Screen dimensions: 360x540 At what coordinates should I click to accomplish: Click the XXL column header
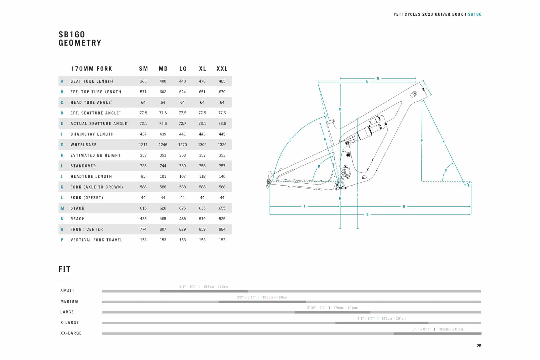click(x=222, y=69)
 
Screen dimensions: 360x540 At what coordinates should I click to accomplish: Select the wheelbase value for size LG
click(x=183, y=145)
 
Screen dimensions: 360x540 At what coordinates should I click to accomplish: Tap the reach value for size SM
click(x=143, y=219)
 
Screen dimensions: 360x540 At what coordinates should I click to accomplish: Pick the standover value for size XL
click(x=202, y=166)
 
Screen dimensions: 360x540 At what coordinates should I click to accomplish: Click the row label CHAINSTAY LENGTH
click(x=92, y=134)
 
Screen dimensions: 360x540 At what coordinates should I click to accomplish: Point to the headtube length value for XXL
click(x=222, y=176)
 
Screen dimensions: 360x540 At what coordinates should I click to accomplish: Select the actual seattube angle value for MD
click(x=163, y=123)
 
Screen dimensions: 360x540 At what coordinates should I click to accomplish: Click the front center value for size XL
click(x=202, y=229)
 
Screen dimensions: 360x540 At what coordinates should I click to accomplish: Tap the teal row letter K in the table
click(x=62, y=187)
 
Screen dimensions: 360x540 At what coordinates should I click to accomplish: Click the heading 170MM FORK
click(x=92, y=69)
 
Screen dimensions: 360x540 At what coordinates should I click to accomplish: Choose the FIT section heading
click(x=65, y=269)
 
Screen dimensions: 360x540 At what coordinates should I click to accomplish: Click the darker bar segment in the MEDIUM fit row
click(x=262, y=302)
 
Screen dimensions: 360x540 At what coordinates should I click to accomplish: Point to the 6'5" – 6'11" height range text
click(x=422, y=329)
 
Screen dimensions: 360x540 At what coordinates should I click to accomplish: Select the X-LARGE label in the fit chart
click(x=70, y=322)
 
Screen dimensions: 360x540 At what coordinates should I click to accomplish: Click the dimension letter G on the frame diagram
click(x=367, y=214)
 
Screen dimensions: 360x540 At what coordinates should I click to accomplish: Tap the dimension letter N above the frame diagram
click(x=378, y=79)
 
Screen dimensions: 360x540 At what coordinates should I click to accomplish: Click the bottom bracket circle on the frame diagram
click(x=340, y=185)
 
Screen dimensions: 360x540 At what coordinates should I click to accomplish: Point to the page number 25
click(x=479, y=346)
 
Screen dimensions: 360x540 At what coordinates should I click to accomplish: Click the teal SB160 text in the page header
click(x=475, y=14)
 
